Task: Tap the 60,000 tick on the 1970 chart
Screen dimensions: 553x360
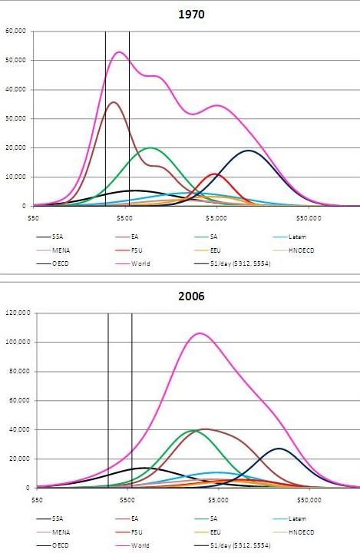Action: [16, 31]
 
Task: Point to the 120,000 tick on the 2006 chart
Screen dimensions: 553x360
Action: [15, 313]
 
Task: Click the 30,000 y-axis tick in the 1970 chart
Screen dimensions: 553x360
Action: [16, 118]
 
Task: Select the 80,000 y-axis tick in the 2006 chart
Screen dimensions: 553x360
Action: [16, 371]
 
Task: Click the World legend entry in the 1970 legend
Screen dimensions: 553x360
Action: [140, 263]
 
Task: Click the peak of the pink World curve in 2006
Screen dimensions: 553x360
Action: [200, 333]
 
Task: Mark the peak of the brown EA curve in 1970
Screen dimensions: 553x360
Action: [114, 101]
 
